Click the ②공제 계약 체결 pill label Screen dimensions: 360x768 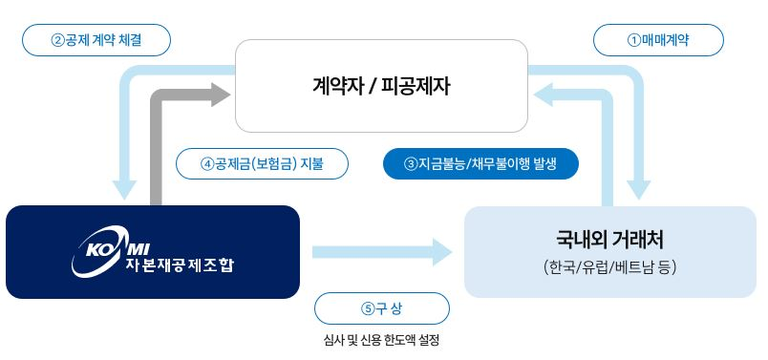point(96,40)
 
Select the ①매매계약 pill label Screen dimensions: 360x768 point(658,40)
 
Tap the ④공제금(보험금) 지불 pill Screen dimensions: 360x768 point(262,163)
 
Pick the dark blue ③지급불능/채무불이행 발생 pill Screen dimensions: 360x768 point(480,163)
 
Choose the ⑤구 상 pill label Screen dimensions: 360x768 point(381,308)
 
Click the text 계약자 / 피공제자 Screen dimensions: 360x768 point(381,86)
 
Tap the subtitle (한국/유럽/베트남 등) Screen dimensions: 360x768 point(609,267)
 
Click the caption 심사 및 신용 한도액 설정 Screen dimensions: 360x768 point(381,340)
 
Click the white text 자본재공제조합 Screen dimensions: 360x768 point(178,265)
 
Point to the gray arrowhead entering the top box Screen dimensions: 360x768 point(223,94)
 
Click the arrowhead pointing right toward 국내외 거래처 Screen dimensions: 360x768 point(440,252)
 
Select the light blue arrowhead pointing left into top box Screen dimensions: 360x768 point(544,94)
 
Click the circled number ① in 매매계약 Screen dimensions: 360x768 point(632,40)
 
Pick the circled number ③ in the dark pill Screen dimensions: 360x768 point(412,163)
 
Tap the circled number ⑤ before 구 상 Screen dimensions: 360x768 point(367,308)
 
